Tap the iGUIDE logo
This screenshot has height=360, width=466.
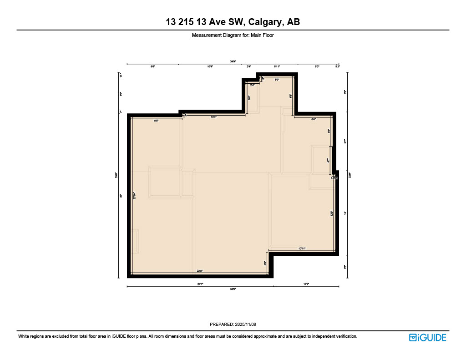tap(427, 337)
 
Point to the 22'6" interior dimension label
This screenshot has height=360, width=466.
tap(199, 271)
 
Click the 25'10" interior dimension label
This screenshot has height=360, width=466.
tap(134, 196)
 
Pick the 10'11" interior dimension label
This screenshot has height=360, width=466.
tap(302, 248)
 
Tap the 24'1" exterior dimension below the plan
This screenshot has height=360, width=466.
tap(200, 284)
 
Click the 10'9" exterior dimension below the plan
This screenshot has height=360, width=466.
tap(306, 284)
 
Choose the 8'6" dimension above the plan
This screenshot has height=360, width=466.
tap(153, 67)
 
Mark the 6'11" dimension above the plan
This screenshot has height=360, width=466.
tap(277, 67)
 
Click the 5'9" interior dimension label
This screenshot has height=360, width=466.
tap(277, 80)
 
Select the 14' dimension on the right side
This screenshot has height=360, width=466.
tap(345, 213)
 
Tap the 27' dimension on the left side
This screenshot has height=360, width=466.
tap(121, 196)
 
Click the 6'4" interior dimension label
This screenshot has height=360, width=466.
tap(314, 119)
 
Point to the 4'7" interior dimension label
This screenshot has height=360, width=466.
tap(328, 160)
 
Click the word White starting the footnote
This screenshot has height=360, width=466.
tap(24, 336)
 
